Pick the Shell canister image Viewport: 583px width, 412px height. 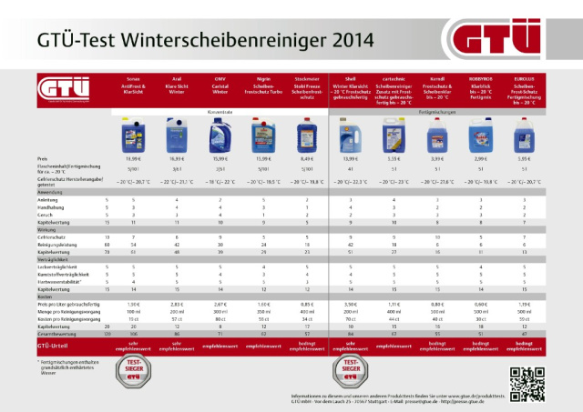coord(350,138)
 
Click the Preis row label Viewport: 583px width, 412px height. coord(44,158)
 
